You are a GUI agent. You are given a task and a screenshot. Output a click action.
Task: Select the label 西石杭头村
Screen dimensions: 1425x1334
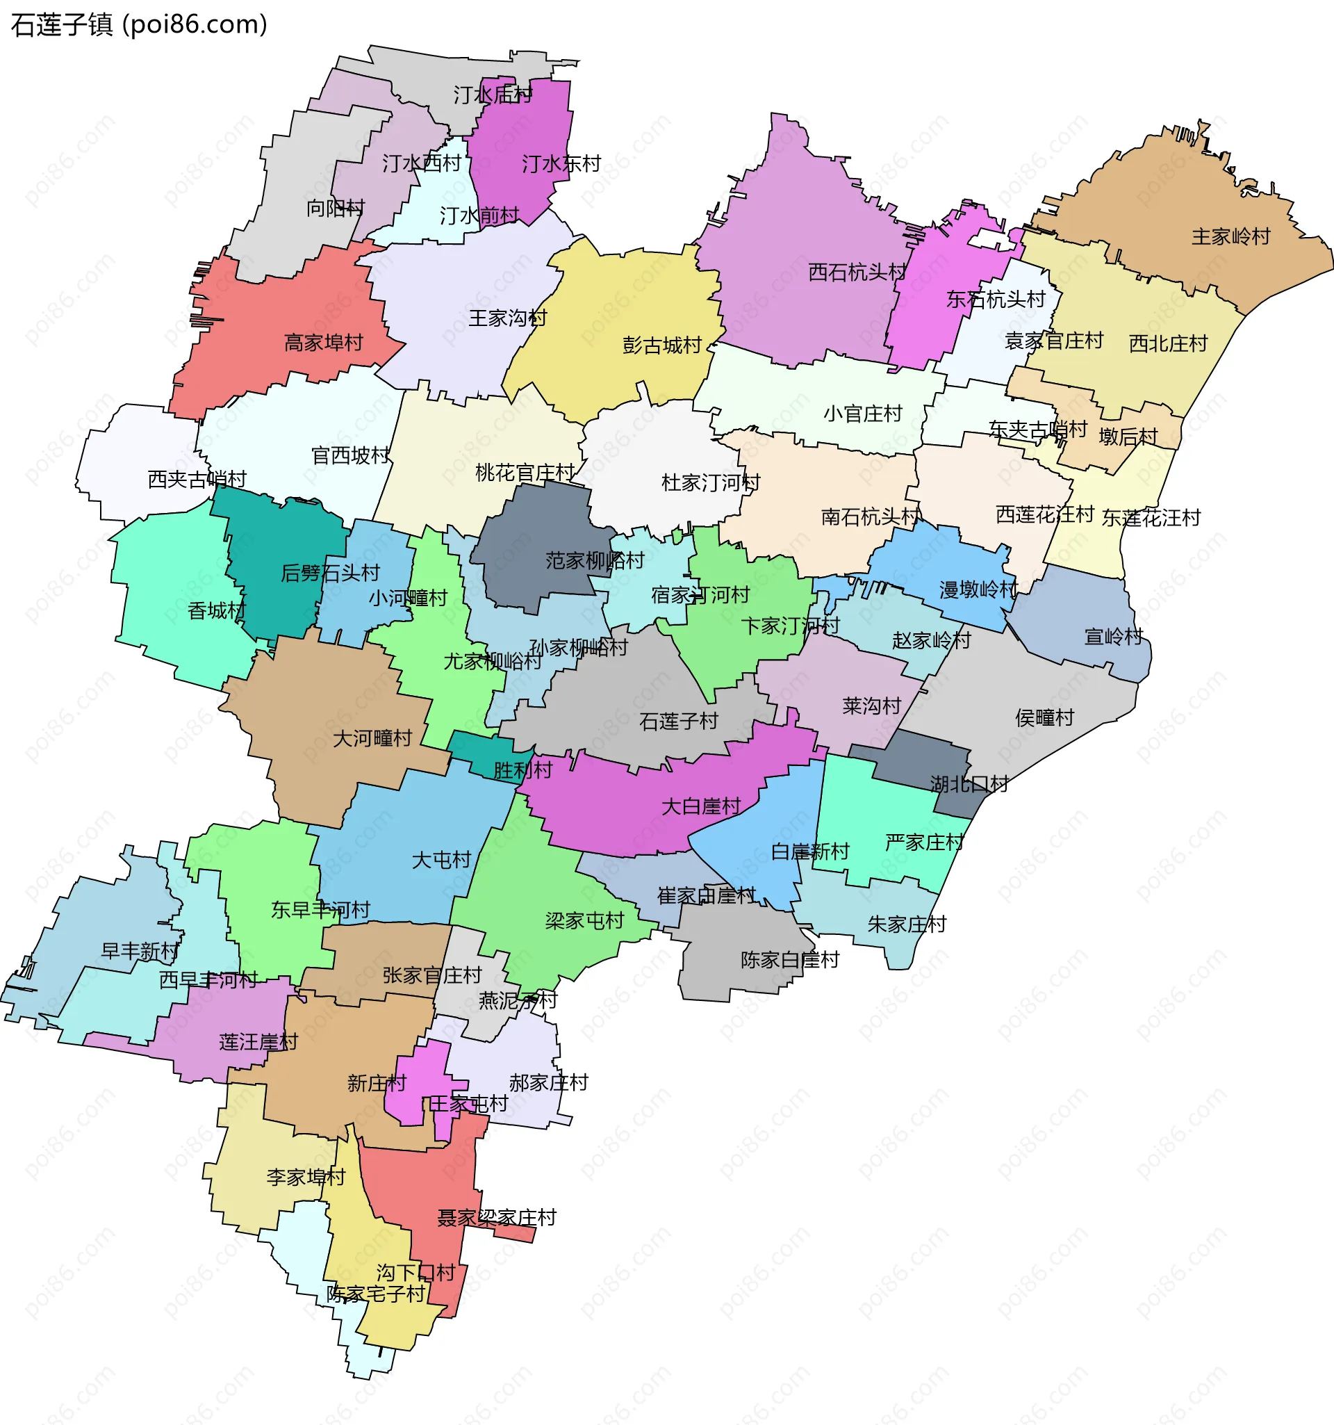(x=857, y=272)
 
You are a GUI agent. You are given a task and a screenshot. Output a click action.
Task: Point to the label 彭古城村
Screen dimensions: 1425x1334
(x=661, y=345)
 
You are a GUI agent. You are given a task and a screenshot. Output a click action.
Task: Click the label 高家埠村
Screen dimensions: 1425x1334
(x=323, y=343)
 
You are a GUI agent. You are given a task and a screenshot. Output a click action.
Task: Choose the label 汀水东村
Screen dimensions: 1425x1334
(x=561, y=164)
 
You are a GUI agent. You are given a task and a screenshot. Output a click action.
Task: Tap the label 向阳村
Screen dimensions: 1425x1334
(x=336, y=208)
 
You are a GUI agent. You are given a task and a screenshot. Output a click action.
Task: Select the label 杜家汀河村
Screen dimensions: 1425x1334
(x=710, y=482)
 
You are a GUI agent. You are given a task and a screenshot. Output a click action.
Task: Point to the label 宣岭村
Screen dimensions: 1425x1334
(x=1113, y=637)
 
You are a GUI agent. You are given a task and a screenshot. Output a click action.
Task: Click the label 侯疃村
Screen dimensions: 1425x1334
(x=1044, y=717)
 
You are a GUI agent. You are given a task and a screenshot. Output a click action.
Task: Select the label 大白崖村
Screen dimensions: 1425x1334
(x=700, y=806)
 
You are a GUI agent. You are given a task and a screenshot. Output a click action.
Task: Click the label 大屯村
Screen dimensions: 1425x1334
(x=440, y=859)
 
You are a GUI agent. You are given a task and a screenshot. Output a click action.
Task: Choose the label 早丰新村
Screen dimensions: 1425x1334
(x=140, y=951)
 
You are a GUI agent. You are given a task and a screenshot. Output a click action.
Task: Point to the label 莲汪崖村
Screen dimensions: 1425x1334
(x=258, y=1041)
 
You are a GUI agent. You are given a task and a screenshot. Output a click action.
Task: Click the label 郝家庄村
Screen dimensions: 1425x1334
(x=548, y=1082)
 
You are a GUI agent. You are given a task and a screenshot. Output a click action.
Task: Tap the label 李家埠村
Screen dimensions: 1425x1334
(x=306, y=1177)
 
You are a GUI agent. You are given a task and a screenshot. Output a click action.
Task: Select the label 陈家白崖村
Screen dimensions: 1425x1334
(x=789, y=960)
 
